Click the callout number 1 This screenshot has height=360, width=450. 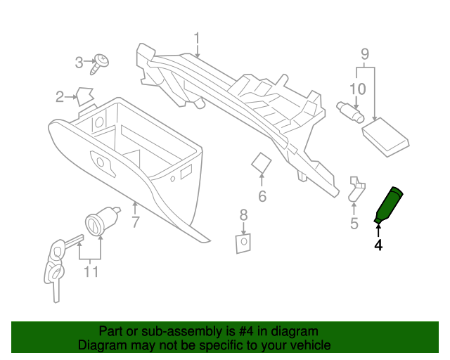pos(198,38)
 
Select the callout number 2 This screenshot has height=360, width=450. pos(61,96)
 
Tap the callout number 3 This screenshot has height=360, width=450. pos(79,63)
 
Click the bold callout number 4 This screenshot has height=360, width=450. pos(378,245)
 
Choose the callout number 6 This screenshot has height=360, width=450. pos(262,196)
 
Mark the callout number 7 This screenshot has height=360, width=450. pos(136,223)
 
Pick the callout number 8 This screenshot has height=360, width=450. pos(243,214)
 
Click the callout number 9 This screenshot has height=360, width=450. pos(364,53)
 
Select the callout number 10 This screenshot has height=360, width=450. pos(357,89)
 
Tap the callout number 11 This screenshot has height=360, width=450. pos(91,271)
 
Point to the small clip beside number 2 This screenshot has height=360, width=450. pos(86,95)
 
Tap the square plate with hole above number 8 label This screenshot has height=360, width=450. pos(243,242)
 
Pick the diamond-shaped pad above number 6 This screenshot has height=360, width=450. pos(262,163)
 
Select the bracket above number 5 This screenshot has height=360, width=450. pos(357,188)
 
